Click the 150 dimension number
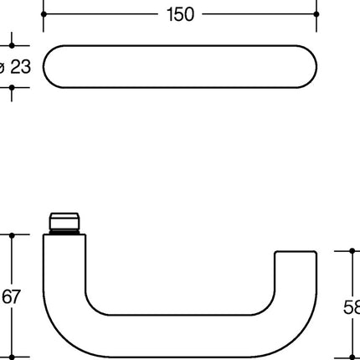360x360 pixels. tap(178, 14)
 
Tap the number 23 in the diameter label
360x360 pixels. tap(19, 67)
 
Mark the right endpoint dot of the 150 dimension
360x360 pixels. tap(316, 14)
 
